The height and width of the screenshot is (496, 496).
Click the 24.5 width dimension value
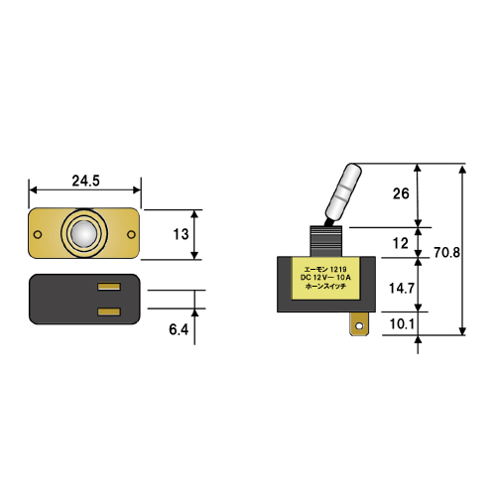point(85,181)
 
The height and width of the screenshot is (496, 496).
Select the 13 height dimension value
point(181,234)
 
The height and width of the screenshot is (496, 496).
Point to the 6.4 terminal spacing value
point(179,329)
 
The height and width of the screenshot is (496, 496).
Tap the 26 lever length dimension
point(401,193)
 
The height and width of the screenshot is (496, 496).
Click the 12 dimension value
point(400,244)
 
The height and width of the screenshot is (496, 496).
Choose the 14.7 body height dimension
point(402,289)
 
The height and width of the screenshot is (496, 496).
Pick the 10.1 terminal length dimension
point(402,324)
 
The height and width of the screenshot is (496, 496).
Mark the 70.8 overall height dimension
point(446,253)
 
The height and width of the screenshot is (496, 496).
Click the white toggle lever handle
point(343,192)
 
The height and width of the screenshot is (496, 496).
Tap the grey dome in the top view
point(84,234)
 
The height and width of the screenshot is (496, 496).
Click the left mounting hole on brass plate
point(38,235)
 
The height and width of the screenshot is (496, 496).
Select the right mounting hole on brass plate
point(131,234)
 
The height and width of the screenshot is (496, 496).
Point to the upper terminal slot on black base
point(109,287)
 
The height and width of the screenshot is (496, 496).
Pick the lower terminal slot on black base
point(109,311)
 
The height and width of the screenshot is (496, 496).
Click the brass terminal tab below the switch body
point(360,324)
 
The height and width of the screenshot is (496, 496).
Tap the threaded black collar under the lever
point(326,241)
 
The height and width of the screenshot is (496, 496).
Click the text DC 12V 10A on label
point(325,278)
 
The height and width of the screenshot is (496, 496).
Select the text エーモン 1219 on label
point(325,270)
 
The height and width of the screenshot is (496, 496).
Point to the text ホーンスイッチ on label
point(325,287)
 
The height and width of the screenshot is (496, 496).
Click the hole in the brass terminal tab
point(360,326)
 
